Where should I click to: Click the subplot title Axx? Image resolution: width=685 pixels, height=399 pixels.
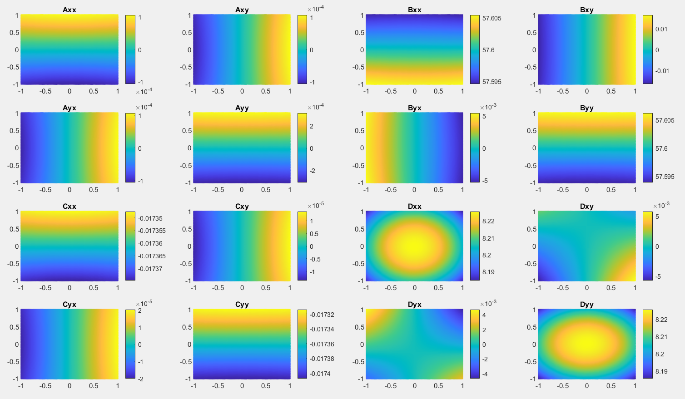69,10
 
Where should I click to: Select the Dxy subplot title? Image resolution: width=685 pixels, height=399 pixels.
586,206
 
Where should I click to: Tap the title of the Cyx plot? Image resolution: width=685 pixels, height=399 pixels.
69,304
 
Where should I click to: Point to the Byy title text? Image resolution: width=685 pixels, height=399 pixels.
586,108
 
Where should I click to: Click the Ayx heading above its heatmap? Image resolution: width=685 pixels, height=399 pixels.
69,108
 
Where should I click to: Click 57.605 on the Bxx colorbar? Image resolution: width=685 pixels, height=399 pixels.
492,18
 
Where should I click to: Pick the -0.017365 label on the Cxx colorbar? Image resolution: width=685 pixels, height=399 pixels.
152,256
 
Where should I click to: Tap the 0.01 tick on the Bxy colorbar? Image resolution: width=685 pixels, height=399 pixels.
661,29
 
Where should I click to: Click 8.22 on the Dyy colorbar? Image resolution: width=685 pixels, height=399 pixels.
661,320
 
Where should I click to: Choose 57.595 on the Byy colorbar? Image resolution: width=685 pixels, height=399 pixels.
665,177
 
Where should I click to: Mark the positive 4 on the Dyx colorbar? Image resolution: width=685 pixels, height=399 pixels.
484,315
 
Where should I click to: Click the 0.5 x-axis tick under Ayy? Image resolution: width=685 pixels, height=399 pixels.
266,190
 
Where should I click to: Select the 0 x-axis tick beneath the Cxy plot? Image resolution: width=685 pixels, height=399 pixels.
242,288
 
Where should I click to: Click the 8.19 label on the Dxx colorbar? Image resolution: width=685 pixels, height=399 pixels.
488,272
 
